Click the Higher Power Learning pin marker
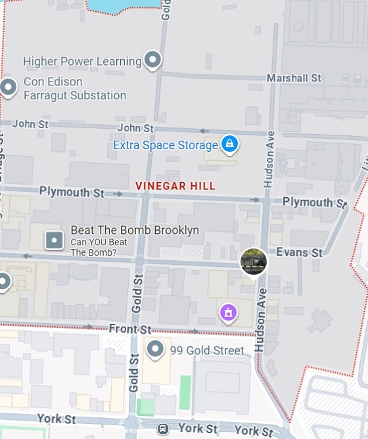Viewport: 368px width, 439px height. tap(152, 60)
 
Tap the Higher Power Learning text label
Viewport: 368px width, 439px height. tap(82, 62)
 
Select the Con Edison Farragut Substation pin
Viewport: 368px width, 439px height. tap(8, 87)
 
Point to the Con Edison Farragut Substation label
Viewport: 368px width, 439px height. tap(74, 89)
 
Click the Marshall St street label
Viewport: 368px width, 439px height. tap(294, 78)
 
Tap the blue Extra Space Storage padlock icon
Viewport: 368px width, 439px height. tap(229, 144)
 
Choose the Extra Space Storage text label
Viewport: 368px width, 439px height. tap(165, 145)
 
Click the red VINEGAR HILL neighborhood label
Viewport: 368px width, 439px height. tap(175, 186)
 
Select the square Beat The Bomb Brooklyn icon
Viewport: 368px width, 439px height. tap(54, 240)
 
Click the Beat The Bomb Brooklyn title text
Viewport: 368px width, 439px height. tap(135, 231)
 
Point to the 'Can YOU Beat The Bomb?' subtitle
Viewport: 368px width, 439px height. tap(93, 247)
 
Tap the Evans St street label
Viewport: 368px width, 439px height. tap(299, 252)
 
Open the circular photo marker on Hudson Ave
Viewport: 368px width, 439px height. tap(253, 261)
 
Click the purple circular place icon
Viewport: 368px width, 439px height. tap(228, 312)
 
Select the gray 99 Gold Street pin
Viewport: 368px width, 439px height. tap(155, 349)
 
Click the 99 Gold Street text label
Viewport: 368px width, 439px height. tap(207, 350)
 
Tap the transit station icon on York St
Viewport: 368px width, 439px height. tap(163, 429)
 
